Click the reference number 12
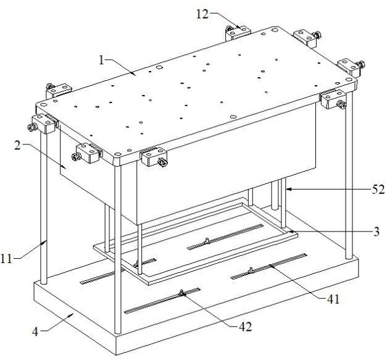(x=202, y=14)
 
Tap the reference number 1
(x=101, y=60)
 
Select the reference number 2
(x=17, y=145)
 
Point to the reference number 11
(x=6, y=259)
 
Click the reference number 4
(x=35, y=332)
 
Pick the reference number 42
(x=245, y=327)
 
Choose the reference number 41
(x=333, y=299)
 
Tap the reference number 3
(x=376, y=232)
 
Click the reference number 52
(x=378, y=190)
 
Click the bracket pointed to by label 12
(x=238, y=33)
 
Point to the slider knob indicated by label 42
(x=181, y=293)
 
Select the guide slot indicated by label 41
(x=269, y=266)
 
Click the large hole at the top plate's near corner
(x=117, y=156)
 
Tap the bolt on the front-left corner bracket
(x=32, y=127)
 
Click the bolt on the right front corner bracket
(x=341, y=105)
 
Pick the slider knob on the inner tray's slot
(x=207, y=240)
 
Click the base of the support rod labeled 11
(x=44, y=282)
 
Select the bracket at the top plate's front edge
(x=153, y=157)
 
